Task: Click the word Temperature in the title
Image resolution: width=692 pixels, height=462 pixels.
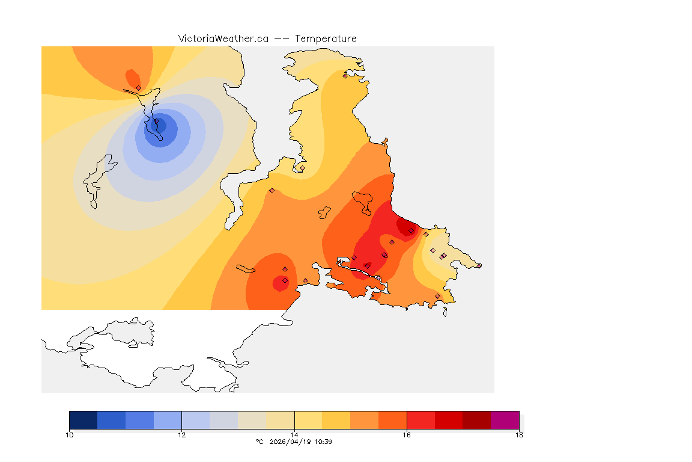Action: (x=326, y=38)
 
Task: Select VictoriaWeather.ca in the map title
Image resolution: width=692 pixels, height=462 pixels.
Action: (x=223, y=38)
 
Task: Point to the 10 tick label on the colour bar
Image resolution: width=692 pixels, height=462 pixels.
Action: (x=70, y=435)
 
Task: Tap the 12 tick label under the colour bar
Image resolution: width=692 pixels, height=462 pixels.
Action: (x=181, y=435)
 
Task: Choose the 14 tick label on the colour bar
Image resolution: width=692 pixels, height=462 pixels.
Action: (x=294, y=435)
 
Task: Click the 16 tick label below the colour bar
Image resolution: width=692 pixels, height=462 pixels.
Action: (x=407, y=435)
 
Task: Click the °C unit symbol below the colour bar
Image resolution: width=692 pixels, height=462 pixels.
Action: (x=259, y=442)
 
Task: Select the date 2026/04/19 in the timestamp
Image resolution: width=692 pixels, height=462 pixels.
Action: (x=292, y=442)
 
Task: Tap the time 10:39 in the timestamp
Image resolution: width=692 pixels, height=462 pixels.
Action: (x=324, y=442)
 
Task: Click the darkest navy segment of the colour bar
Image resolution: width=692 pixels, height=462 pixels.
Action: (x=83, y=420)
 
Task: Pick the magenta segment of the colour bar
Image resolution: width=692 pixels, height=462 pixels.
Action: (x=505, y=420)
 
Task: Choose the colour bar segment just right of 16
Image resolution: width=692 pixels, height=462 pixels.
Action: (x=420, y=420)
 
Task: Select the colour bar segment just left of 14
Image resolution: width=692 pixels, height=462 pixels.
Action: (x=280, y=420)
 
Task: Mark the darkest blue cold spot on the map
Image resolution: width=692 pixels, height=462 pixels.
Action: (x=160, y=125)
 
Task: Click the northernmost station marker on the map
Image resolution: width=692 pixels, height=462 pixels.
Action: (x=345, y=76)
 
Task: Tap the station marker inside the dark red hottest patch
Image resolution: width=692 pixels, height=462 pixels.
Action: (x=411, y=230)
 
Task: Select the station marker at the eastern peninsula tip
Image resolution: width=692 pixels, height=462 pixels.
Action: (x=479, y=265)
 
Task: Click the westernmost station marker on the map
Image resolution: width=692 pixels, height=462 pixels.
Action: (x=138, y=88)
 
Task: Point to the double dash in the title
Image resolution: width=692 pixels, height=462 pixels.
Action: (x=282, y=38)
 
